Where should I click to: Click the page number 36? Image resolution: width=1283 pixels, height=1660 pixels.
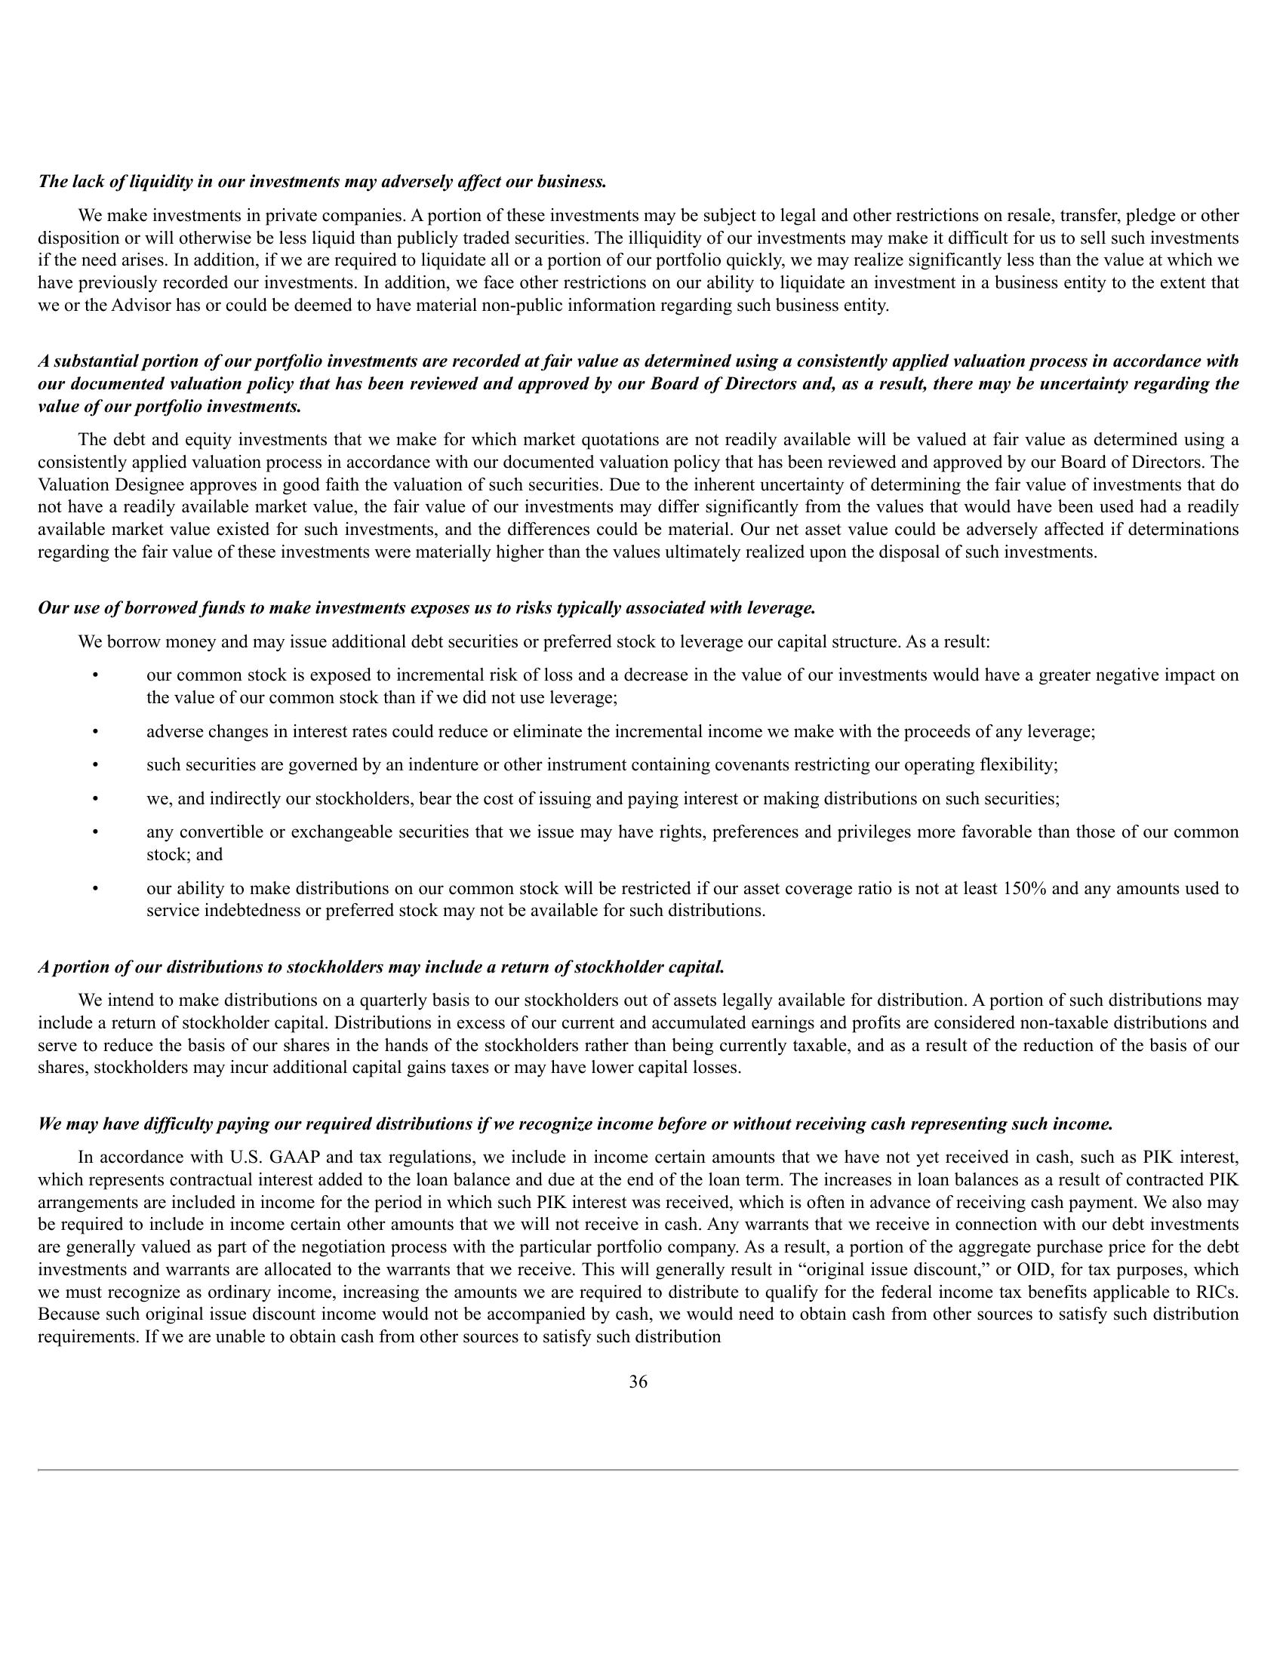(638, 1382)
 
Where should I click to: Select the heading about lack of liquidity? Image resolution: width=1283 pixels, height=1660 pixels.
(322, 182)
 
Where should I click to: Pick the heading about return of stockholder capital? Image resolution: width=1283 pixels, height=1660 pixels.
(381, 967)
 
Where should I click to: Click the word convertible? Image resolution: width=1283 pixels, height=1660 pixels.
(223, 832)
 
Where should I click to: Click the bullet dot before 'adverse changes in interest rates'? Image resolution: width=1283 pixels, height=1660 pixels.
(95, 732)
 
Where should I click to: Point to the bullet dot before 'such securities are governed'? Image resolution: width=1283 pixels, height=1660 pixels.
(95, 765)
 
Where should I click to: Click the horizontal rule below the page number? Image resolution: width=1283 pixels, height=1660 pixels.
(638, 1470)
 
